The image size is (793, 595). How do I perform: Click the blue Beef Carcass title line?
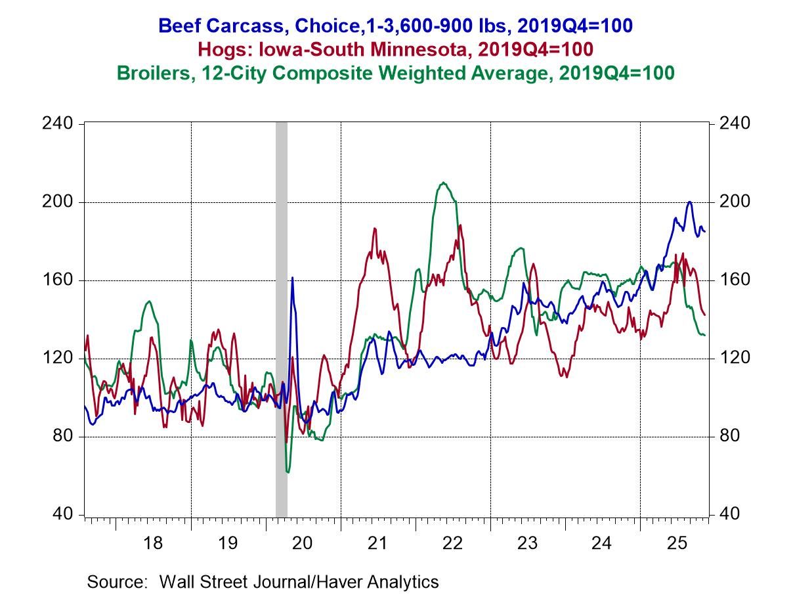pyautogui.click(x=396, y=26)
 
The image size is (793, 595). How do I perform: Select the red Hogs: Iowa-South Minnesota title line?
pyautogui.click(x=396, y=49)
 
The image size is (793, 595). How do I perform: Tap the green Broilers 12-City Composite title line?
pyautogui.click(x=396, y=72)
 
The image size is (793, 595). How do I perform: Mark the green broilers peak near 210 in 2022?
pyautogui.click(x=444, y=183)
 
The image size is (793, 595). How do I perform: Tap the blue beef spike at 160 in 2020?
pyautogui.click(x=292, y=278)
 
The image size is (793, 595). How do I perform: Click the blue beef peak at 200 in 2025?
pyautogui.click(x=689, y=202)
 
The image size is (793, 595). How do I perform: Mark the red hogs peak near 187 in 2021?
pyautogui.click(x=374, y=229)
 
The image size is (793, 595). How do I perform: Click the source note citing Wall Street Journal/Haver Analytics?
pyautogui.click(x=263, y=581)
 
